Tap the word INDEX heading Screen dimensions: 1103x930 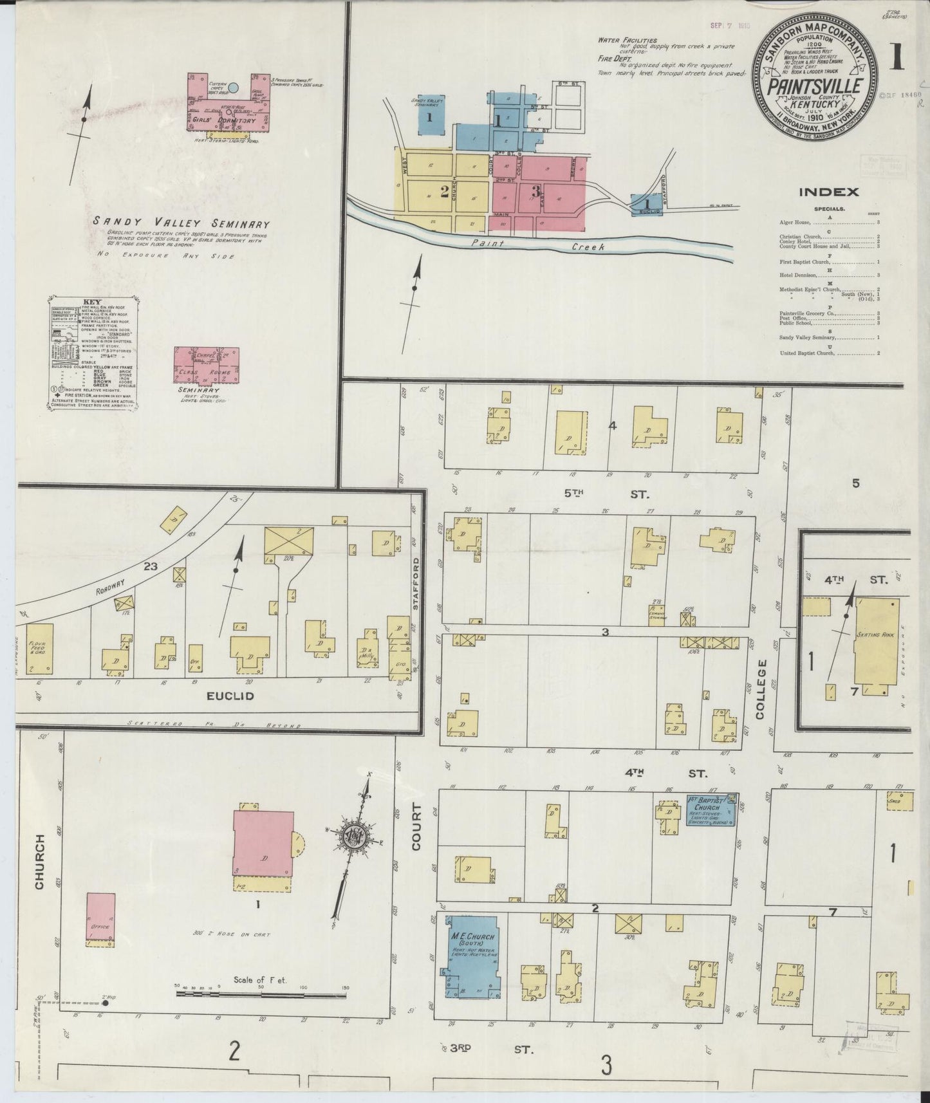coord(828,192)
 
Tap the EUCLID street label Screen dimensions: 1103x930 coord(230,696)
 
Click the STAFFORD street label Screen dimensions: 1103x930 coord(416,584)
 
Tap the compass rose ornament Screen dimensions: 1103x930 coord(355,836)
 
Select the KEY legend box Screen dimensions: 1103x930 coord(93,353)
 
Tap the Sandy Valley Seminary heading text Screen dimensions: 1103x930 coord(181,223)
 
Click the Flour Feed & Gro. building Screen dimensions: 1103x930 coord(39,648)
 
